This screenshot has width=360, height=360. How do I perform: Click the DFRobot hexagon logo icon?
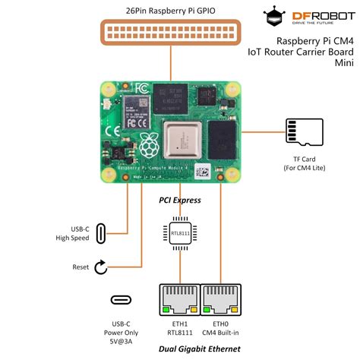click(275, 16)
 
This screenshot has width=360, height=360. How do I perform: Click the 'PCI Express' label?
click(180, 201)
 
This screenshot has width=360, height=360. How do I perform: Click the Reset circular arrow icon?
click(101, 267)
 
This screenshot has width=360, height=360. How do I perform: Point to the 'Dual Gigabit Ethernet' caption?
click(201, 349)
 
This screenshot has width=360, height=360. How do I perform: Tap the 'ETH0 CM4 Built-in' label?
click(221, 326)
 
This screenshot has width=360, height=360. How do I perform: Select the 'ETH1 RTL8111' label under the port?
click(180, 326)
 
